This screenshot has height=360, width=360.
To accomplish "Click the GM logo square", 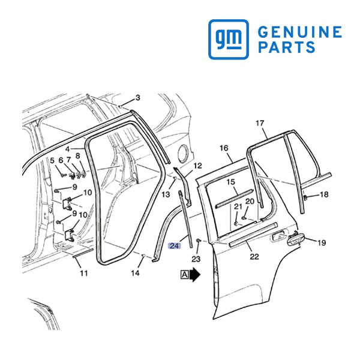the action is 229,39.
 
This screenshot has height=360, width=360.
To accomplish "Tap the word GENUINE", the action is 299,32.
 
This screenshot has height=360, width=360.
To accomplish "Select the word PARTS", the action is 287,47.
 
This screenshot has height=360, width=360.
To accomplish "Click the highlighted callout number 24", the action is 175,246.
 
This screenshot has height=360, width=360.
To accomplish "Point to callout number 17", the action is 260,123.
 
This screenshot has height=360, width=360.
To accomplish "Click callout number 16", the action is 224,148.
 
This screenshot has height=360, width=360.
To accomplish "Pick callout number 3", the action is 137,98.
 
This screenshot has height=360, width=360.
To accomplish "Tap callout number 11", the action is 84,273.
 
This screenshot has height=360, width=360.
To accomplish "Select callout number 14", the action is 135,273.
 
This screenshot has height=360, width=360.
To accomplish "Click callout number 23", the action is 196,259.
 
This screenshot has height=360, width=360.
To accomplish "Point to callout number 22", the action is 254,256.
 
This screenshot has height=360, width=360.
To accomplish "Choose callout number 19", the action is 322,242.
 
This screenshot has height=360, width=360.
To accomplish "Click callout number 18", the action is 324,194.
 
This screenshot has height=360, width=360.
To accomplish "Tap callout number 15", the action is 231,182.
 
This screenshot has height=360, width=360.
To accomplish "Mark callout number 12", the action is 197,166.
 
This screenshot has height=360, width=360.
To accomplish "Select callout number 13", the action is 166,194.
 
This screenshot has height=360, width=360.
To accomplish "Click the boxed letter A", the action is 184,275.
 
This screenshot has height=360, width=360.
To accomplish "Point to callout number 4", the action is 67,149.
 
